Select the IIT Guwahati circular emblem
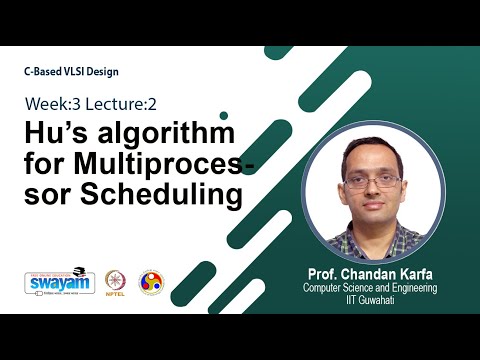(150, 281)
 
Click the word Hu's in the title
(59, 133)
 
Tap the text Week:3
(55, 103)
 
